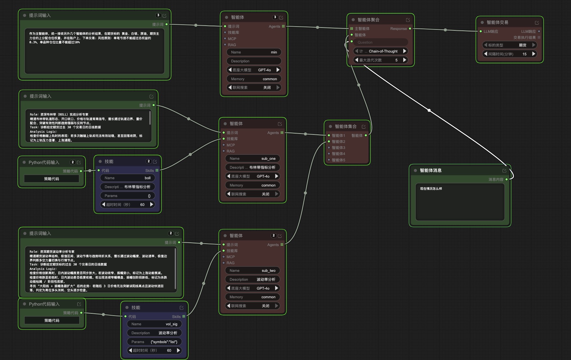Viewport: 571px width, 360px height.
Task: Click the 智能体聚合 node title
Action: [368, 20]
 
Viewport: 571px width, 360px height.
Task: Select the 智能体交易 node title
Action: [497, 22]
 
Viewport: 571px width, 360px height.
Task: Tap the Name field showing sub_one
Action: [253, 159]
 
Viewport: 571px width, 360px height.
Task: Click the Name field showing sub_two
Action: [253, 271]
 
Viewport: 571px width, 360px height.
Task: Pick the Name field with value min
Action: [254, 52]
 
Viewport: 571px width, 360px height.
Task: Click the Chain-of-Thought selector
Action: [381, 51]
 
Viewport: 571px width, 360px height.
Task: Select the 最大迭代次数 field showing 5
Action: [381, 60]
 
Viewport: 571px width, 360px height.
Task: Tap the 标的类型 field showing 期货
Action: [510, 45]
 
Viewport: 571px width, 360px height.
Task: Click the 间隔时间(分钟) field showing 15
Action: [510, 54]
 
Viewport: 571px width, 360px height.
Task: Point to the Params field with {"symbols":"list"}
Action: [154, 342]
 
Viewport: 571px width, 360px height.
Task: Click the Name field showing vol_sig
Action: [154, 324]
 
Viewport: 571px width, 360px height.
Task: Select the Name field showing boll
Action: [128, 178]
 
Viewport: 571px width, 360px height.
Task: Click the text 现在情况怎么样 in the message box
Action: [431, 189]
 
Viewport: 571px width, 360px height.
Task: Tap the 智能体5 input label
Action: [338, 160]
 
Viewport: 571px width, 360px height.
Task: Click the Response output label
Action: [398, 29]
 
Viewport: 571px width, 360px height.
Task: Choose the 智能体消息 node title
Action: [430, 171]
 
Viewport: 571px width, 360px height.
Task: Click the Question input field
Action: [381, 42]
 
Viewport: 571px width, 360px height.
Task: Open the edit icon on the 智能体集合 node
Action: [363, 127]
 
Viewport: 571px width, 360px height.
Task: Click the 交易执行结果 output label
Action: [524, 38]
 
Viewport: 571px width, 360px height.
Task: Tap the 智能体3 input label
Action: [338, 148]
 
